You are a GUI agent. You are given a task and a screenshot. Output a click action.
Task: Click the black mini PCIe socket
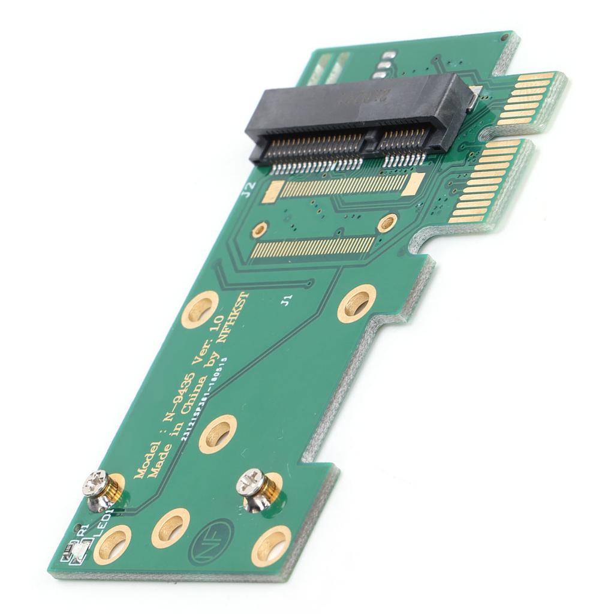(x=357, y=120)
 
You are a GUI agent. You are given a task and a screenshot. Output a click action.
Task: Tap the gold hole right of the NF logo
(x=271, y=545)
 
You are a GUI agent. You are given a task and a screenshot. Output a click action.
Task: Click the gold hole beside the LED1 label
(x=112, y=544)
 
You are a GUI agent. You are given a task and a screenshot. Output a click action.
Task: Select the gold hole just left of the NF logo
(x=170, y=528)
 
